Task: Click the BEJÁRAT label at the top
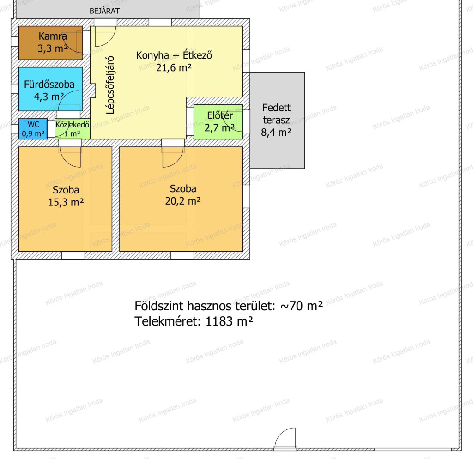pos(105,11)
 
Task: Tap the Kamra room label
pos(53,36)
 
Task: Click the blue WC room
pos(33,129)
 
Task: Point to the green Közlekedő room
pos(73,129)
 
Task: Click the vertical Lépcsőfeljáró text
pos(111,85)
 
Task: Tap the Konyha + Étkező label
pos(174,55)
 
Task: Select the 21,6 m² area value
pos(174,67)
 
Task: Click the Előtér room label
pos(220,115)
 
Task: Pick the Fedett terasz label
pos(276,114)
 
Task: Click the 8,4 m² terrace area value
pos(276,132)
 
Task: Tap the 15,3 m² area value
pos(66,202)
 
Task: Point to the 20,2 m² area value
pos(183,201)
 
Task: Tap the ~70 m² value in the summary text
pos(302,306)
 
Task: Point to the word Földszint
pos(159,306)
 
